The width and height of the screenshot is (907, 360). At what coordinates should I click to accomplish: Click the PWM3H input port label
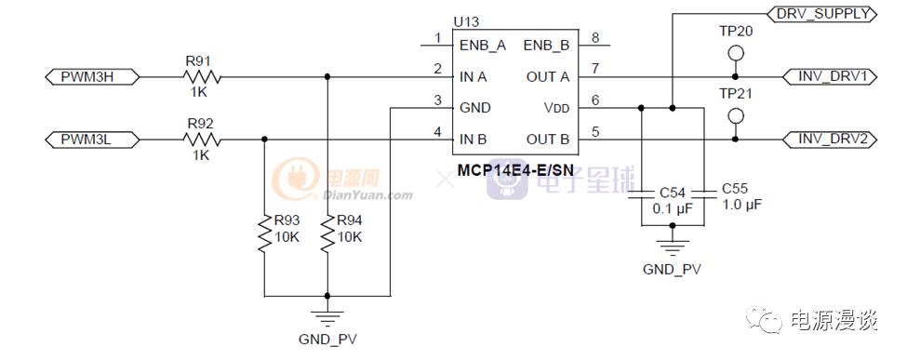pos(92,76)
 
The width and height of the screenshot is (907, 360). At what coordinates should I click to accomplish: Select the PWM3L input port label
pos(92,140)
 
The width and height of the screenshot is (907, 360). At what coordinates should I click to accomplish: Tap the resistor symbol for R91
pos(200,76)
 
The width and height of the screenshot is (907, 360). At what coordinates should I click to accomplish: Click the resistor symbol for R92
pos(201,140)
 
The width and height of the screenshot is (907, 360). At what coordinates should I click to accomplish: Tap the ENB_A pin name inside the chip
pos(483,44)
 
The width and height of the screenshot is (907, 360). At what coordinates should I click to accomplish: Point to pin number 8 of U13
pos(594,38)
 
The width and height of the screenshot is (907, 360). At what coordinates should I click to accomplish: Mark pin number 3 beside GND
pos(437,101)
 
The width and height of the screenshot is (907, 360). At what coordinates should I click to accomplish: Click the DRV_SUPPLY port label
pos(820,14)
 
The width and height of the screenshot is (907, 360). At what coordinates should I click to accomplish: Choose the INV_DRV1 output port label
pos(831,76)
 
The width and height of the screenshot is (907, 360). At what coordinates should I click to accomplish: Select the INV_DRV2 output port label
pos(831,140)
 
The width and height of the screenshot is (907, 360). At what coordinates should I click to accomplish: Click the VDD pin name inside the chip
pos(555,108)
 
